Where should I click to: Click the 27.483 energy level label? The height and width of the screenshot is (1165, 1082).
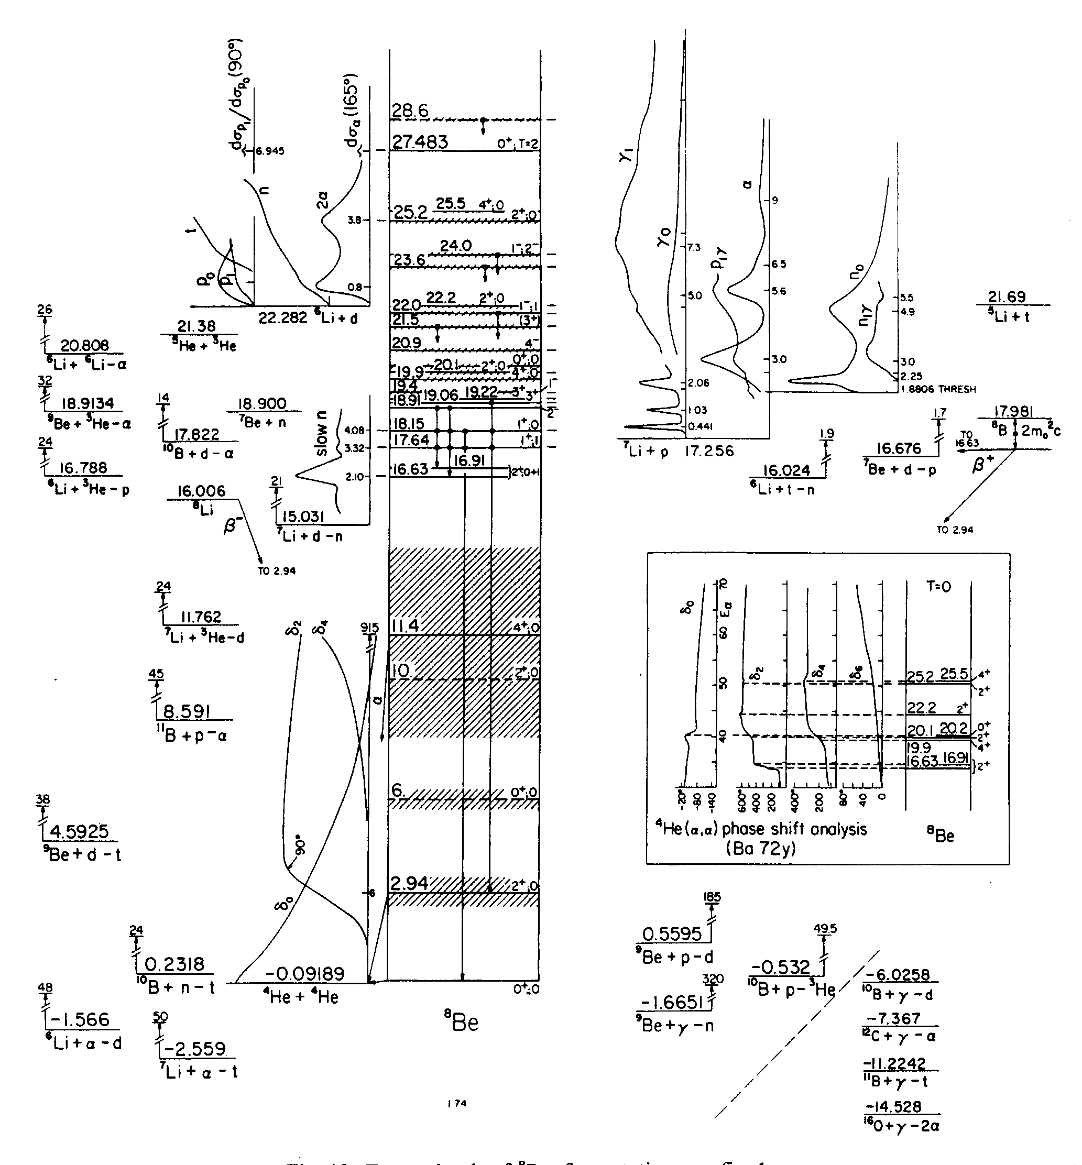click(x=420, y=142)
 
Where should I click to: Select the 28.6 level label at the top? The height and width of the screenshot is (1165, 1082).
click(x=410, y=111)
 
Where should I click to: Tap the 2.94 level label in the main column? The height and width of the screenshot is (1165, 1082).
click(x=409, y=883)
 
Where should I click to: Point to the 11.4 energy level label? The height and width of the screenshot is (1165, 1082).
click(x=405, y=626)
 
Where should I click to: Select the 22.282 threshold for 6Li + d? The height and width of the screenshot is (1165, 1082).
click(x=283, y=318)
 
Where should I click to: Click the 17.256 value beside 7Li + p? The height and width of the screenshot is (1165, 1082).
click(x=709, y=452)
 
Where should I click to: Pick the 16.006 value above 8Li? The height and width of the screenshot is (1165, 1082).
click(x=201, y=491)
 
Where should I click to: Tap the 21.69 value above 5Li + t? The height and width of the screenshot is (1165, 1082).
click(x=1007, y=297)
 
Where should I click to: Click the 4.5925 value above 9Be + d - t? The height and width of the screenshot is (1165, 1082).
click(x=80, y=831)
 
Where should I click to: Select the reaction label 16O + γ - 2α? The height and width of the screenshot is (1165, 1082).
click(x=901, y=1126)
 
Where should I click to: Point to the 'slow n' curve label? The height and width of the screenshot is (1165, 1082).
click(x=321, y=434)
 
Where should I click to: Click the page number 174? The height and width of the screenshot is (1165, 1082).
click(x=457, y=1104)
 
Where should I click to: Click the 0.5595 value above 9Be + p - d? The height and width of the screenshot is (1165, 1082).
click(x=672, y=934)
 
